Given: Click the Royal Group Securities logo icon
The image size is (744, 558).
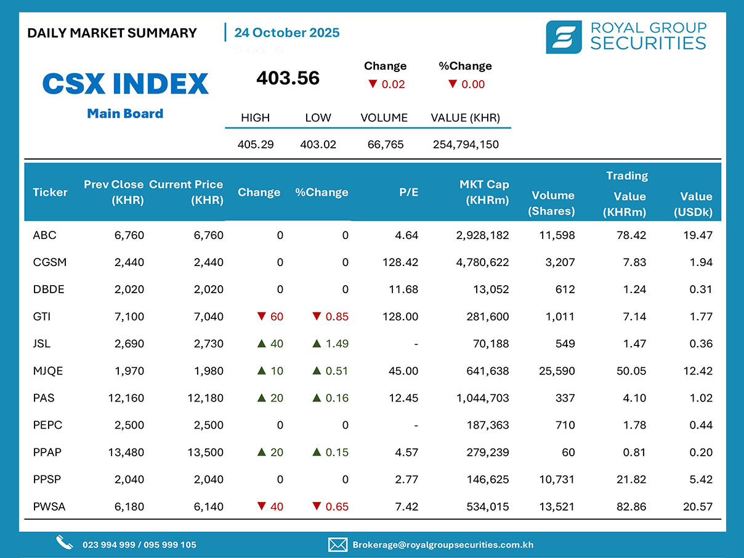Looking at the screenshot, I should [564, 37].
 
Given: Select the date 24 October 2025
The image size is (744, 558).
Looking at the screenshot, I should [287, 33].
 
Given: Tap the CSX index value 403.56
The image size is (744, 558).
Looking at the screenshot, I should [288, 78].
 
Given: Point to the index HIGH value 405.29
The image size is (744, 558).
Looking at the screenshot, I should [256, 145].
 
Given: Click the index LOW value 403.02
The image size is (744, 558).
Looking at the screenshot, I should [318, 145].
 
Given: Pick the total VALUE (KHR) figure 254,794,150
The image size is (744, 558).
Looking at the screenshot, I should [465, 145].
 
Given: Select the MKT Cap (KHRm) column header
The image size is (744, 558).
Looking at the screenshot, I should [484, 192].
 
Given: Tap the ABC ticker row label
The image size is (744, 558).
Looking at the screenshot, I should [44, 235].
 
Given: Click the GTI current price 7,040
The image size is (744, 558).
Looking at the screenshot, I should [208, 317].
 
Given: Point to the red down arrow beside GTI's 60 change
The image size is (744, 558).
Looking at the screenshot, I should [261, 317].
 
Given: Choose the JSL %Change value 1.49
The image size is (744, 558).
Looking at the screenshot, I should [336, 344].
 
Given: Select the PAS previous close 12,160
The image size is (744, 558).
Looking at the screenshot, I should [126, 398].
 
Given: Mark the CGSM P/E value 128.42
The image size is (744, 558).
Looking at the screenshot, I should [400, 262].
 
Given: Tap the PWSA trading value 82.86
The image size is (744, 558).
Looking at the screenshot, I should [630, 507].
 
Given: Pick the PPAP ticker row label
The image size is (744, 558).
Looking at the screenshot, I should [47, 453].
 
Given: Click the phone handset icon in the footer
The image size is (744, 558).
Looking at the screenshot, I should [65, 543].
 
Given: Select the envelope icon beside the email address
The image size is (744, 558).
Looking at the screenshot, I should [338, 544].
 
